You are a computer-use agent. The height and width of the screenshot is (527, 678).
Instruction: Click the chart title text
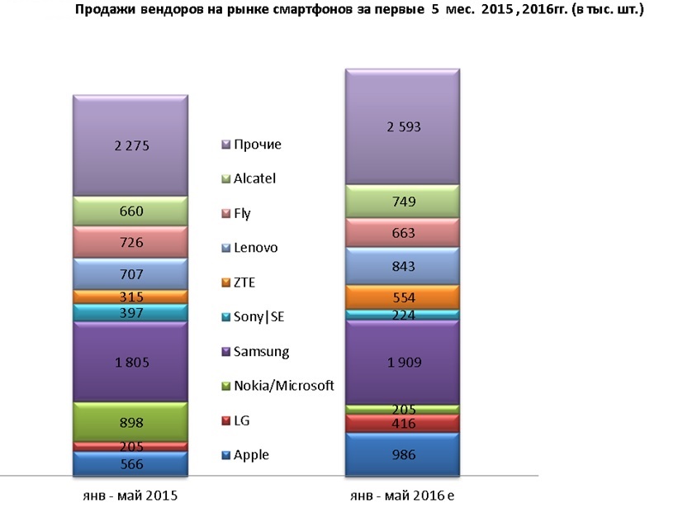359,11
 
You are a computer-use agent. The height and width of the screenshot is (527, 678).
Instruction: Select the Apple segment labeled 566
130,464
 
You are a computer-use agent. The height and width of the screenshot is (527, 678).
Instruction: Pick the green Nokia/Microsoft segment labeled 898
130,422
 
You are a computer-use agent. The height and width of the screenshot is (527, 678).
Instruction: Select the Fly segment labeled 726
130,242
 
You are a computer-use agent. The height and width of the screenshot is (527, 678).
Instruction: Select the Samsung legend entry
261,351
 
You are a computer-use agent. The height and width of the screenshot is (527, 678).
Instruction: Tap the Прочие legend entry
257,144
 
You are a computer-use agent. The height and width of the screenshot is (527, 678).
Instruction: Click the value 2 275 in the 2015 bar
130,144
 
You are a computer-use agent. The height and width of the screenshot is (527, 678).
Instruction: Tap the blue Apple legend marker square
225,455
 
